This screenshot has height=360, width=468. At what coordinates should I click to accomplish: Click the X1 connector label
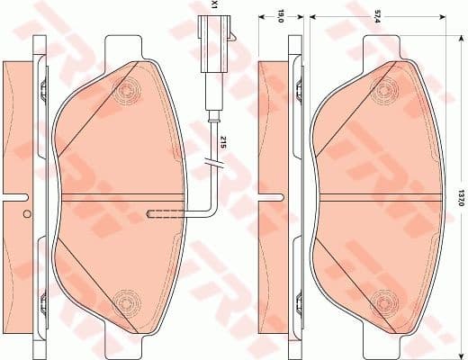(212, 5)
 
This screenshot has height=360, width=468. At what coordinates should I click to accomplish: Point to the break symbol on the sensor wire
(213, 163)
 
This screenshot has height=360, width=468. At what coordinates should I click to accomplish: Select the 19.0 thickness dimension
(280, 16)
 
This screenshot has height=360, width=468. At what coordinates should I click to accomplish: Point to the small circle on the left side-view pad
(27, 213)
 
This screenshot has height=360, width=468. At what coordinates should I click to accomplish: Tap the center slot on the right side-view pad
(269, 193)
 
